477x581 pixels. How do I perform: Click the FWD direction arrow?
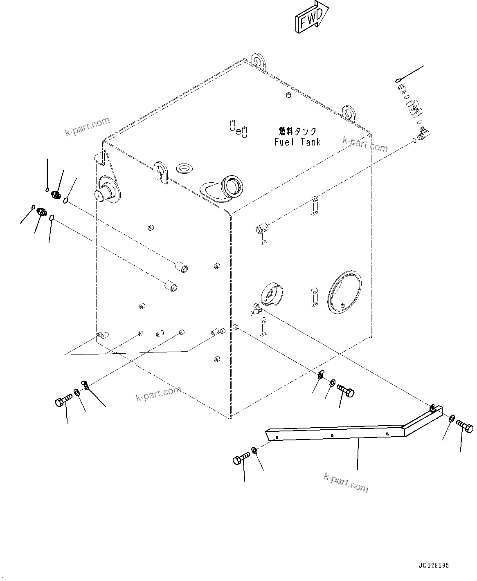(310, 18)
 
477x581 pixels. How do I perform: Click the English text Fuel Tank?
(297, 142)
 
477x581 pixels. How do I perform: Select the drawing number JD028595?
(433, 565)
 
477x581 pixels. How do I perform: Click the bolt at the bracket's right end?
(465, 426)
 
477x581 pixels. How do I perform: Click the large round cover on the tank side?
(344, 291)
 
